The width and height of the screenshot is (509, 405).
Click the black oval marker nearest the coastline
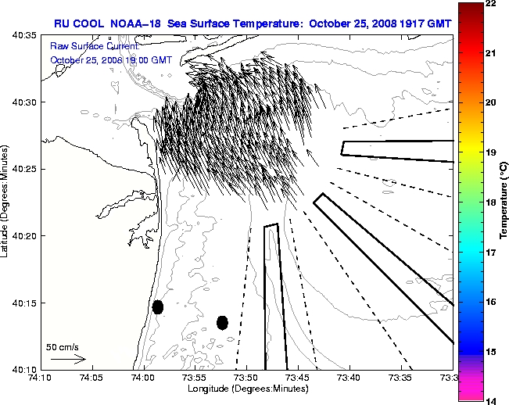[x=158, y=306]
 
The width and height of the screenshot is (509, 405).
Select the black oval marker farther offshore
[x=222, y=322]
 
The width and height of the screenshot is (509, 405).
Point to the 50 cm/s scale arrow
[x=68, y=359]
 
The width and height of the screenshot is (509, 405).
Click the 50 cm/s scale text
[x=62, y=346]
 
